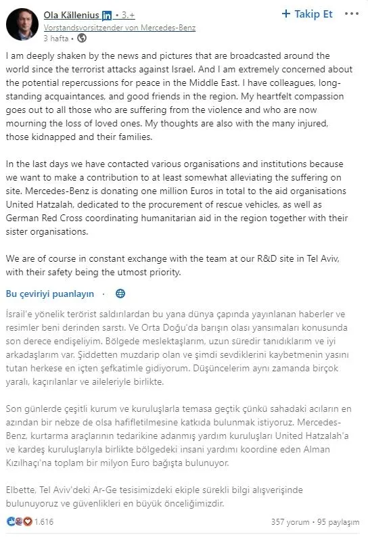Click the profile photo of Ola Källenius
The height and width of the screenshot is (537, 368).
(21, 24)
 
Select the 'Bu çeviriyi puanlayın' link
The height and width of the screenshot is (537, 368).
(49, 294)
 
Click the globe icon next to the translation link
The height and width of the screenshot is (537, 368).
(120, 294)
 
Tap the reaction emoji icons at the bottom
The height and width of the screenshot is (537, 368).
(18, 522)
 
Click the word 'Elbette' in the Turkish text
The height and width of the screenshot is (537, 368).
(23, 490)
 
